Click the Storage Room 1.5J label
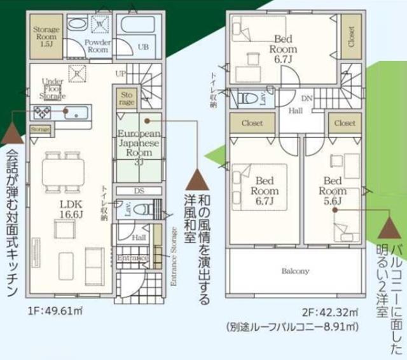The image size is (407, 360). (47, 38)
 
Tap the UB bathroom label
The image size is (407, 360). (144, 47)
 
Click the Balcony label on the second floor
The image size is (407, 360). (295, 271)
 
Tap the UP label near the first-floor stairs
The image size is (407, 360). (121, 74)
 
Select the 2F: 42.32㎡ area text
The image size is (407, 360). (329, 312)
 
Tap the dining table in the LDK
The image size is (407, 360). (62, 172)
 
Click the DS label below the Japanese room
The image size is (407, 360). (138, 190)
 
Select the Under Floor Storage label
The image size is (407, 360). (52, 89)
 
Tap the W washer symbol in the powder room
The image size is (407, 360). (99, 24)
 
